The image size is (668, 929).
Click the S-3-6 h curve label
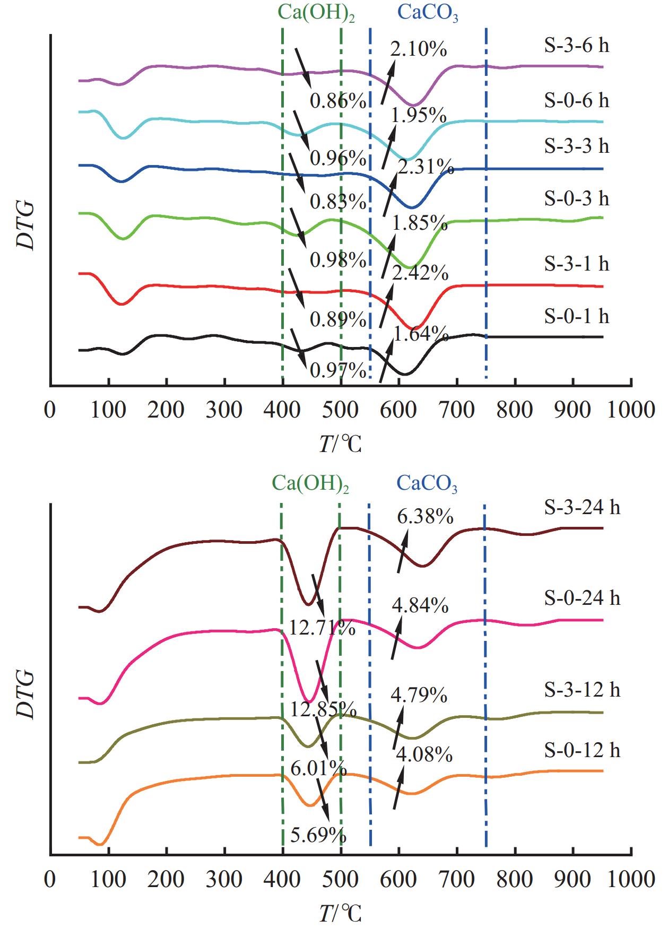coord(576,46)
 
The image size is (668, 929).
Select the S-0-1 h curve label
coord(576,316)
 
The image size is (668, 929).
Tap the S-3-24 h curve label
coord(582,508)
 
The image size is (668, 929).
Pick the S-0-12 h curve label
coord(582,750)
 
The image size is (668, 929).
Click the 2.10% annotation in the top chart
coord(419,49)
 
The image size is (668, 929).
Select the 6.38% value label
coord(425,516)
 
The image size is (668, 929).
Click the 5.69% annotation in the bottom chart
coord(318,836)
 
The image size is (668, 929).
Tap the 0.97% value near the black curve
coord(338,371)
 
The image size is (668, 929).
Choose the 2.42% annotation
coord(420,273)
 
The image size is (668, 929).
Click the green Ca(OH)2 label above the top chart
coord(316,13)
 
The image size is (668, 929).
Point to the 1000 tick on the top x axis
coord(631,410)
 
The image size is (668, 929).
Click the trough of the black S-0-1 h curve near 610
coord(404,375)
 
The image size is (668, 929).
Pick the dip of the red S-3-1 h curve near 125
coord(122,304)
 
